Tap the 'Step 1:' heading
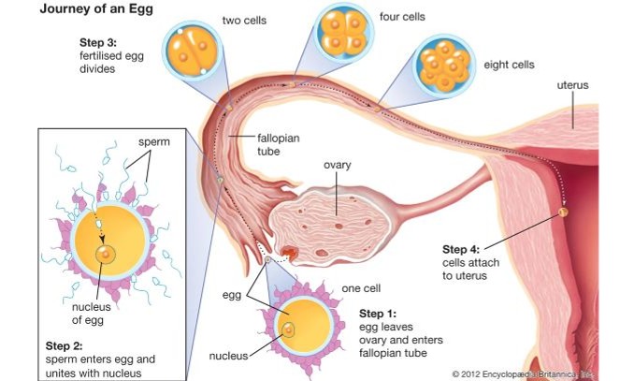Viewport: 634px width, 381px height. click(x=378, y=312)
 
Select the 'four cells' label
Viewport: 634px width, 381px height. click(x=401, y=16)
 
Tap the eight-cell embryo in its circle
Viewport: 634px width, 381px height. click(x=444, y=66)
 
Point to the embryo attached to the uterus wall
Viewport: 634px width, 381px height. click(x=563, y=212)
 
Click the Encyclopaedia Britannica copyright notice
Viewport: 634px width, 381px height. click(x=537, y=374)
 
